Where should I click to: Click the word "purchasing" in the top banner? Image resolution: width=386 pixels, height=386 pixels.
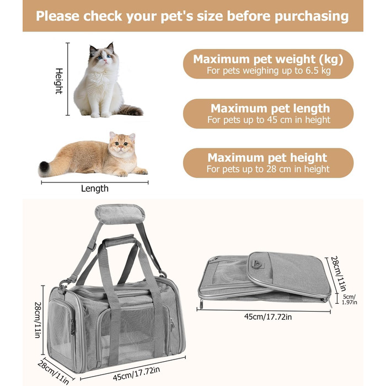tap(312, 17)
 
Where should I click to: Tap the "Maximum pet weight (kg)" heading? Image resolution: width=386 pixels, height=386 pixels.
tap(268, 60)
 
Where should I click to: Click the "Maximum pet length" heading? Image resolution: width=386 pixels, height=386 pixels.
tap(270, 109)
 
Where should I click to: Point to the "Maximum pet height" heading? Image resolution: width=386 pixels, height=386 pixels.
tap(267, 158)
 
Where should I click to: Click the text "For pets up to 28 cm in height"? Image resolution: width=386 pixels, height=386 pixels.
tap(268, 169)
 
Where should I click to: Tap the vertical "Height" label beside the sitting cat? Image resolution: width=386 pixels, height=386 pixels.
tap(59, 81)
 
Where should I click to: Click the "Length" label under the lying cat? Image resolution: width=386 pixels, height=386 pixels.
tap(95, 189)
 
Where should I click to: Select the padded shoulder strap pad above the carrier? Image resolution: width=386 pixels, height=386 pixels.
tap(120, 214)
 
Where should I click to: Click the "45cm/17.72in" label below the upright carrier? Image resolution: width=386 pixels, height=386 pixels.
tap(137, 374)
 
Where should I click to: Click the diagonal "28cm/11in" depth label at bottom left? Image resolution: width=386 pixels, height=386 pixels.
tap(53, 372)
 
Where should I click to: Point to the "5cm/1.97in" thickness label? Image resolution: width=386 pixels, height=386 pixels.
tap(349, 299)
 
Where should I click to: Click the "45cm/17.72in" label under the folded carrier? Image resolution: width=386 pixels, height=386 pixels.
tap(268, 317)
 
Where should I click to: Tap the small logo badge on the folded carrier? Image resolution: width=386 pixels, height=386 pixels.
tap(258, 264)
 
